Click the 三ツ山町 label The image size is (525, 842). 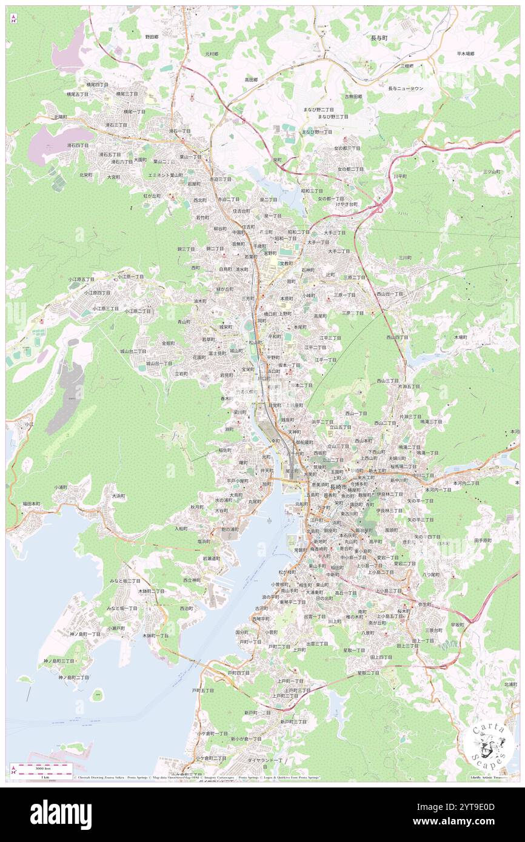pos(492,171)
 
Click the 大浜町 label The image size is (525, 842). pos(119,496)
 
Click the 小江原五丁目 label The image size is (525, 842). pos(81,279)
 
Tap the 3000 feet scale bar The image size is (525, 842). pos(41,771)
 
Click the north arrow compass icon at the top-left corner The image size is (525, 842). pos(13,18)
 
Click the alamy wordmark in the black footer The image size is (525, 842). pos(61,814)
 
